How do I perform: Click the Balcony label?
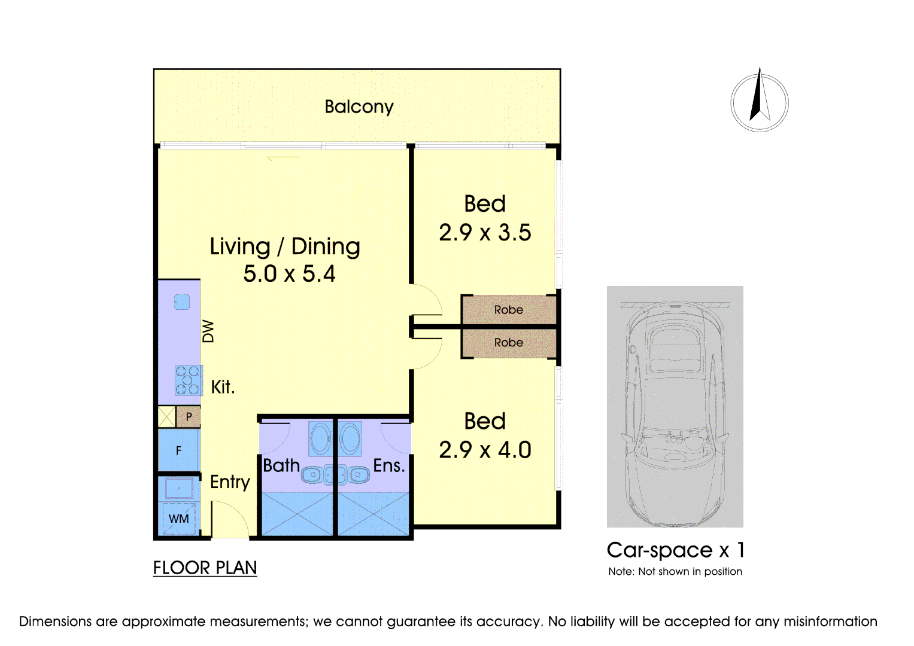359,107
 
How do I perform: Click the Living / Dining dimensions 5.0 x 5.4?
289,274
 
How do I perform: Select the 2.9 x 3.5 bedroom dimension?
485,233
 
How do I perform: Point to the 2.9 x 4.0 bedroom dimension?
485,450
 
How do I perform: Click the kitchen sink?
181,302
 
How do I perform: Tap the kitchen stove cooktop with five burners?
188,380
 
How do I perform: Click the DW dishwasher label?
208,331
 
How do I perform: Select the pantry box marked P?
189,417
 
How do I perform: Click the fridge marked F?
179,450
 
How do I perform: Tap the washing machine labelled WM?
179,519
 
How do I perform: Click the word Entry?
230,483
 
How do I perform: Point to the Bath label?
281,465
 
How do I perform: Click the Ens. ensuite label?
389,465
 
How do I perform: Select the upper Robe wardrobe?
509,310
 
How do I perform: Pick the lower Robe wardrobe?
509,343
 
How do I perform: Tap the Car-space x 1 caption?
676,550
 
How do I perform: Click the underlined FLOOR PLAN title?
205,568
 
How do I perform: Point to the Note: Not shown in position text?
675,571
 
